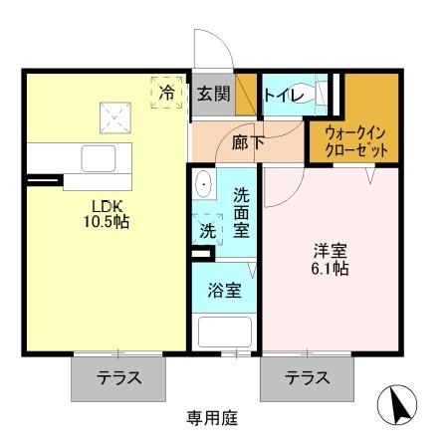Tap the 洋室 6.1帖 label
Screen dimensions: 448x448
(x=328, y=259)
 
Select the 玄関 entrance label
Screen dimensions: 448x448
(x=213, y=94)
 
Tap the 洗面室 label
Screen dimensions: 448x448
(x=242, y=210)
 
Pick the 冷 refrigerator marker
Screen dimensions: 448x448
(x=167, y=92)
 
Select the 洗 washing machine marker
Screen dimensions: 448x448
(x=206, y=229)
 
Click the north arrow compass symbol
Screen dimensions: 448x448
(x=398, y=405)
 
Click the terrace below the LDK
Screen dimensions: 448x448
(x=116, y=378)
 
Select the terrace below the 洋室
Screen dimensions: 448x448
(x=307, y=378)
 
